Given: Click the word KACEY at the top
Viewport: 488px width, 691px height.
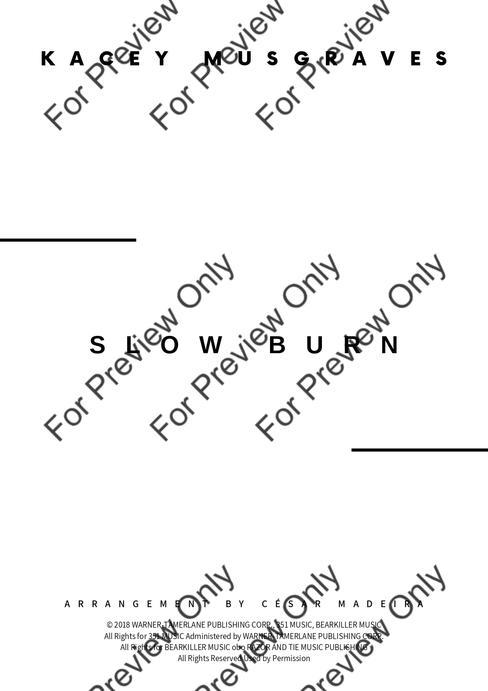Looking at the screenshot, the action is tap(105, 58).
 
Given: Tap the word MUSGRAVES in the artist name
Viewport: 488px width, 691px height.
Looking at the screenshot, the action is tap(326, 58).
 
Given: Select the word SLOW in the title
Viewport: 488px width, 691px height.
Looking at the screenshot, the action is tap(156, 345).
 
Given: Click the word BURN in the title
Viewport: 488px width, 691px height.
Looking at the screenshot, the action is tap(334, 345).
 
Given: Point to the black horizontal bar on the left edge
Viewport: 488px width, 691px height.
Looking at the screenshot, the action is tap(68, 240).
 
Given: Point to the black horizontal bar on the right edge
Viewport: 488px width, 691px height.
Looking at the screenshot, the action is tap(420, 450).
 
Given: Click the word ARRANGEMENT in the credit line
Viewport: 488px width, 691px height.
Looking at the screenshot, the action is tap(136, 604).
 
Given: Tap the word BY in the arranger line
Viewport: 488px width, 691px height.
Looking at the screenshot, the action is tap(235, 604).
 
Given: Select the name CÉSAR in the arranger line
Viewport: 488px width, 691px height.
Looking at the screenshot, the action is tap(292, 604).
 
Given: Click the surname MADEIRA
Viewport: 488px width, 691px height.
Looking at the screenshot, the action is tap(381, 604).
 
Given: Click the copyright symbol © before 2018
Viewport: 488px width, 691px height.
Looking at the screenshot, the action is tap(109, 625).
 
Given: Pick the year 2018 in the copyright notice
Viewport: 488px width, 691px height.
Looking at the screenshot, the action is tap(122, 625).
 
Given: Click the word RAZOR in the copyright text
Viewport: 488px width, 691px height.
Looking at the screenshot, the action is tap(259, 647).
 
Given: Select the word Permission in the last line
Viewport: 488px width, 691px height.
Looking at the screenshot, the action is tap(291, 658).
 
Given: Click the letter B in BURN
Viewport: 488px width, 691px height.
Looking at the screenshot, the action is tap(277, 345).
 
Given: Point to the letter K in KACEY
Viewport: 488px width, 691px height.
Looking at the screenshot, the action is tap(48, 58).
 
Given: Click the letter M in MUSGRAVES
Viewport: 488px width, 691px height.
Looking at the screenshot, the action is tap(213, 58).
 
